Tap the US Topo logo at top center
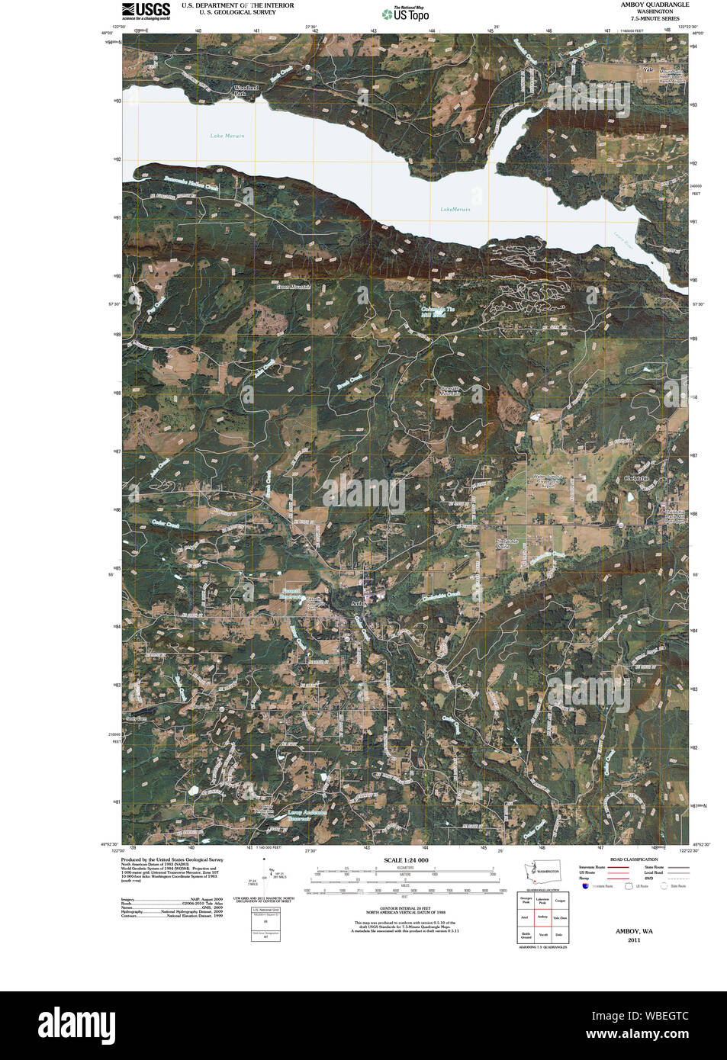410,14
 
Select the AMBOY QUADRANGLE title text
654,5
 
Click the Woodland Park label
246,91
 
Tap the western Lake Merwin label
227,136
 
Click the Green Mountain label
294,287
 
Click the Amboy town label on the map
358,602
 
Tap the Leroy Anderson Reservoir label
307,815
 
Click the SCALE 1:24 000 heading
406,860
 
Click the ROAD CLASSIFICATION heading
633,859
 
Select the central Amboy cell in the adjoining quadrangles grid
542,917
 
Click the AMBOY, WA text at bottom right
634,931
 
